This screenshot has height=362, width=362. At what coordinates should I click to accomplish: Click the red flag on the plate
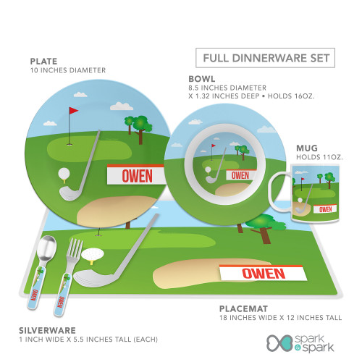click(74, 111)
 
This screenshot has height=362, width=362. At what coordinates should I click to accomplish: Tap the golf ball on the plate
click(64, 174)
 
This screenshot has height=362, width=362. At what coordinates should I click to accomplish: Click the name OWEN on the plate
click(137, 176)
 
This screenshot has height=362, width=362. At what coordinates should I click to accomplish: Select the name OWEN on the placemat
click(264, 274)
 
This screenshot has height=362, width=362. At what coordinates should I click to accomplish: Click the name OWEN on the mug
click(325, 209)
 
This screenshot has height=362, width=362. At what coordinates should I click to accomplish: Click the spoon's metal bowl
click(46, 248)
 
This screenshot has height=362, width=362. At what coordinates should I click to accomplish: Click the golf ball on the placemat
click(93, 255)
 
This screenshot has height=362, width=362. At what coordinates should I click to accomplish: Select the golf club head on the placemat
click(93, 278)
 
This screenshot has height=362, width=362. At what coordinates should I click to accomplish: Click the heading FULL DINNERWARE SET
click(266, 58)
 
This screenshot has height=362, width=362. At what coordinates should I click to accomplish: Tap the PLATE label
click(43, 62)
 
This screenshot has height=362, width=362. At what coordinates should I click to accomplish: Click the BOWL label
click(202, 79)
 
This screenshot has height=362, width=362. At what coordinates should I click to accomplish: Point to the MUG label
click(307, 148)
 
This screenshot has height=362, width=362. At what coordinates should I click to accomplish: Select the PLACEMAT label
click(243, 308)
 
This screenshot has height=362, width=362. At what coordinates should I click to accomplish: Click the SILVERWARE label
click(47, 330)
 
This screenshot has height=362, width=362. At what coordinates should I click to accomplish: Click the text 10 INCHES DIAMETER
click(68, 70)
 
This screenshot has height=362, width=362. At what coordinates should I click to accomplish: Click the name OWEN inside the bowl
click(240, 175)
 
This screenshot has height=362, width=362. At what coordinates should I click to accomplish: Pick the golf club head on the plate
click(70, 193)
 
